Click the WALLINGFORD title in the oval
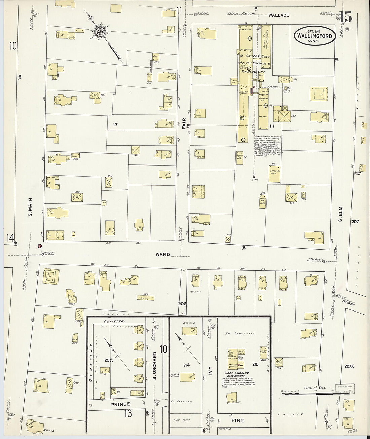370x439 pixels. click(x=314, y=36)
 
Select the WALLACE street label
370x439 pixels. click(x=279, y=15)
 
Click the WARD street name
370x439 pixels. click(x=162, y=254)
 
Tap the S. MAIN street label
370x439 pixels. click(x=30, y=208)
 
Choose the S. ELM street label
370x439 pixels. click(x=340, y=214)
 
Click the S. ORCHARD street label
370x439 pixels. click(x=155, y=366)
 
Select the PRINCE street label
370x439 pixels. click(x=120, y=404)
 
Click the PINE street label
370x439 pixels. click(x=238, y=420)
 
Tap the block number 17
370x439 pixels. click(x=115, y=125)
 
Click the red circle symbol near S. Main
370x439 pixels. click(x=40, y=246)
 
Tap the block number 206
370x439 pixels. click(x=182, y=304)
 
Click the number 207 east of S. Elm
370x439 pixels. click(x=355, y=222)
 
